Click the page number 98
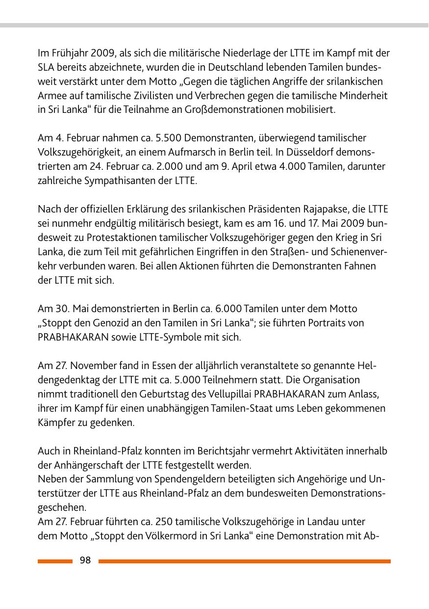[85, 560]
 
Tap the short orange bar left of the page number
[54, 561]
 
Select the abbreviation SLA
[47, 67]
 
